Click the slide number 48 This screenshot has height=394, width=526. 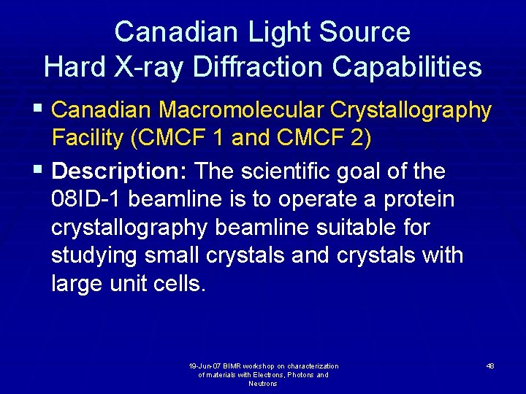click(489, 366)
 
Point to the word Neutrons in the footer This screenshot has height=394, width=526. click(263, 384)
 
